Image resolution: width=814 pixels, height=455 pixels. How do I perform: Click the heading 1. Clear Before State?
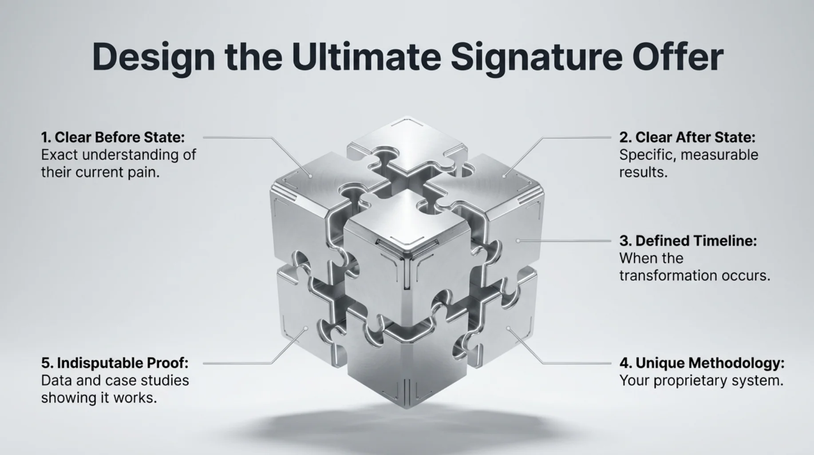pos(113,137)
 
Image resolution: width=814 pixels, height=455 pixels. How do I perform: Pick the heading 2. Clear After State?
pos(688,137)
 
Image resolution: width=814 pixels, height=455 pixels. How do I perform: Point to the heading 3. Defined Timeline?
pos(688,241)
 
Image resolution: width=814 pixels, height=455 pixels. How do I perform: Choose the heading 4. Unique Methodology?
pos(702,363)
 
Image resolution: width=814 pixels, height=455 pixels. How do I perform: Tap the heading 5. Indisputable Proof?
pos(115,363)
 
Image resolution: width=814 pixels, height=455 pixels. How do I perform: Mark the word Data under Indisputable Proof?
pos(56,381)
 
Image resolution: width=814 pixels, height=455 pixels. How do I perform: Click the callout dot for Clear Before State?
pos(311,176)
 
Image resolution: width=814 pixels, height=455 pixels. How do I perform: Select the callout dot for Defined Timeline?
pos(518,241)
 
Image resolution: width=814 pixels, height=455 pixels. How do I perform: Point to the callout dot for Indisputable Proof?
pos(306,329)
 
